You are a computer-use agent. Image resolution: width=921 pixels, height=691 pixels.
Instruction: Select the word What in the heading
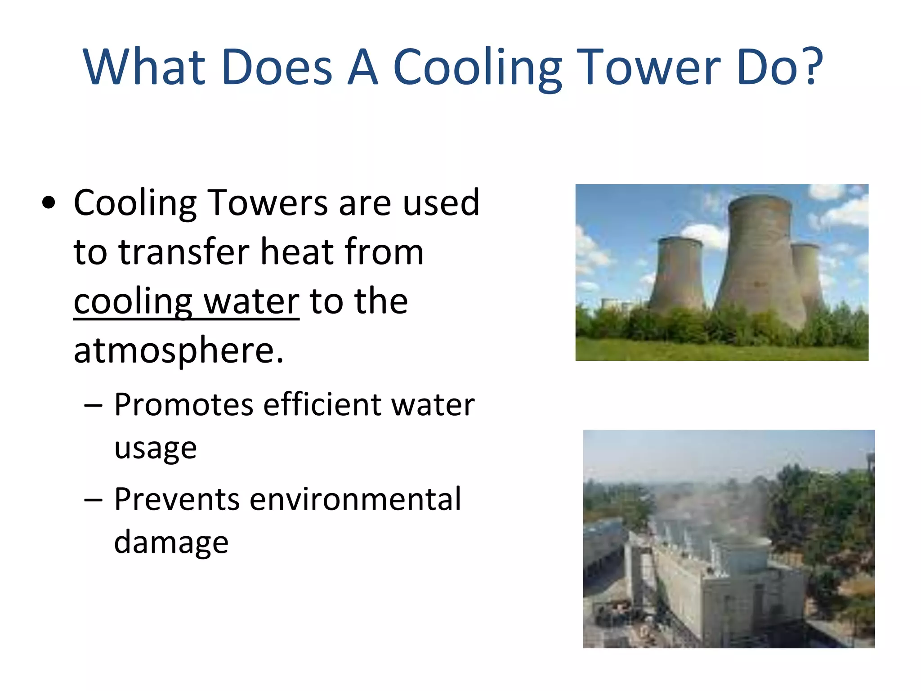click(x=144, y=67)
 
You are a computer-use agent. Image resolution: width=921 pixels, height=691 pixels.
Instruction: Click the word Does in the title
click(x=277, y=67)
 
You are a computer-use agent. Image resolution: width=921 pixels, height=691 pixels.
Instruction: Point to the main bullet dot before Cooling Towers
click(x=49, y=203)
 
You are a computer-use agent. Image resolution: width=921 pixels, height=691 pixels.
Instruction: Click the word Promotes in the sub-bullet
click(x=183, y=404)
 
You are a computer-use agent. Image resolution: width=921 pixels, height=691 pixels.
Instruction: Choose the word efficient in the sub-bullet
click(x=322, y=404)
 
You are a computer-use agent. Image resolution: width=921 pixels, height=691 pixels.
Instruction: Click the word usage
click(x=155, y=448)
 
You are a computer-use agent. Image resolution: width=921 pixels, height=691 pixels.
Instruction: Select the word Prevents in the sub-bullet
click(x=177, y=499)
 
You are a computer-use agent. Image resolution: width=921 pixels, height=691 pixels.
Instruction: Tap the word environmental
click(x=355, y=499)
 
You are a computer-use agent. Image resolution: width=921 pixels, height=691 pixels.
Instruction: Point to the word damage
click(x=171, y=543)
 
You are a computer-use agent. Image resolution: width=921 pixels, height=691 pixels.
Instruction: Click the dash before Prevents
click(x=93, y=500)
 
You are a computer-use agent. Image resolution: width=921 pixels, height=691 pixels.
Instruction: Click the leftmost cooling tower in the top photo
click(x=678, y=274)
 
